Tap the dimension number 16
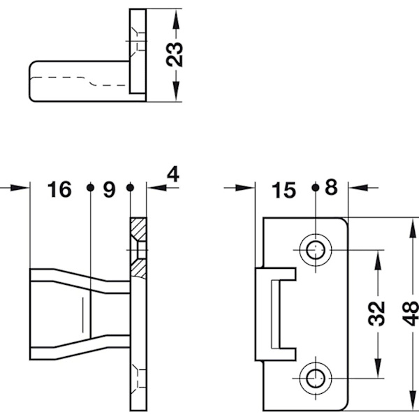point(59,189)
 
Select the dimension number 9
point(109,189)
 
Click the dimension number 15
point(285,189)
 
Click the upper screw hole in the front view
point(316,249)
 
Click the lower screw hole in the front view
point(316,378)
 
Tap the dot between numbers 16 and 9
point(89,187)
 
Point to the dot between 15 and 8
point(316,187)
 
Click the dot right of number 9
point(130,187)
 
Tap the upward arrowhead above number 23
point(176,17)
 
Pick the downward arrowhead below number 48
point(412,402)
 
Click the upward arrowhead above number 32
point(378,258)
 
